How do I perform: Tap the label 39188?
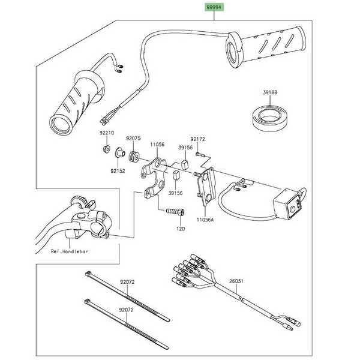tap(270, 93)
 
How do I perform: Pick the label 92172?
tap(198, 139)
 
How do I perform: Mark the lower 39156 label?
tap(175, 193)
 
